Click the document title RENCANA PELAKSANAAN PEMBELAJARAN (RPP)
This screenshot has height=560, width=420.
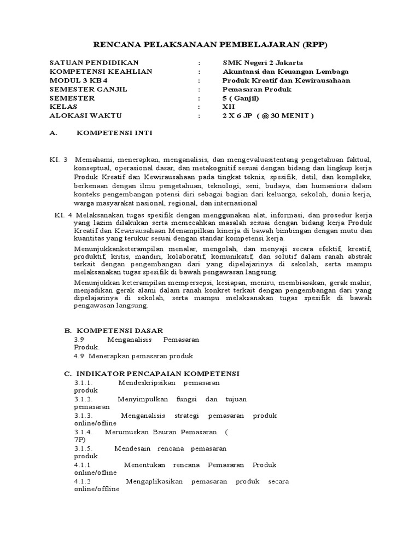tap(210, 44)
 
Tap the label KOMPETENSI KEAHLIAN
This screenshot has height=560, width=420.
tap(101, 72)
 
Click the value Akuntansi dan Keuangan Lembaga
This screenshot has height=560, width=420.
tap(285, 72)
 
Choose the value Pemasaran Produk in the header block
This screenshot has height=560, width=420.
tap(257, 89)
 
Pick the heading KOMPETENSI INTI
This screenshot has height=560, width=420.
tap(114, 133)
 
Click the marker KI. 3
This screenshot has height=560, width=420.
tap(58, 159)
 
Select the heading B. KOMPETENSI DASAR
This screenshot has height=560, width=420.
tap(113, 331)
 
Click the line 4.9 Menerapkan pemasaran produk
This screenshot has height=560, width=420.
tap(133, 356)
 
